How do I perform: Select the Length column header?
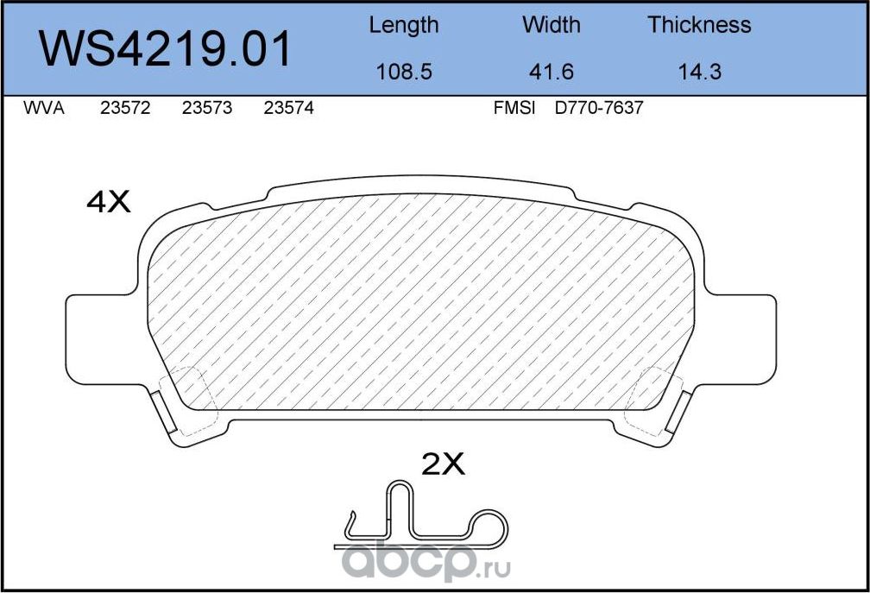(x=403, y=25)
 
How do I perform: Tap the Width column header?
(x=552, y=25)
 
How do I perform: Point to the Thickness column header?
(x=699, y=25)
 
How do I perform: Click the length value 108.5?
(x=403, y=72)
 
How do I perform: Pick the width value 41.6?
(x=552, y=72)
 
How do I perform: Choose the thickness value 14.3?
(x=699, y=72)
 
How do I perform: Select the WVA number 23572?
(x=125, y=110)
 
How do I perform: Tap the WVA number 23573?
(x=207, y=110)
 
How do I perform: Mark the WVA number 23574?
(x=288, y=110)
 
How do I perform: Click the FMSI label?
(x=514, y=110)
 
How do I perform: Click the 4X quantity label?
(x=108, y=202)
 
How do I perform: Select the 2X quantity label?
(x=443, y=465)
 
